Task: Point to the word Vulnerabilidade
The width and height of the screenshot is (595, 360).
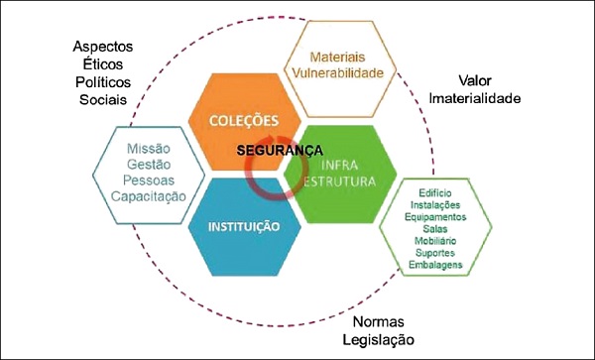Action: [x=340, y=74]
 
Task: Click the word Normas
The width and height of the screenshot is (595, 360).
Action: [x=380, y=323]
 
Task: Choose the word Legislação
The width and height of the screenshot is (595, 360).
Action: [x=380, y=340]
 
